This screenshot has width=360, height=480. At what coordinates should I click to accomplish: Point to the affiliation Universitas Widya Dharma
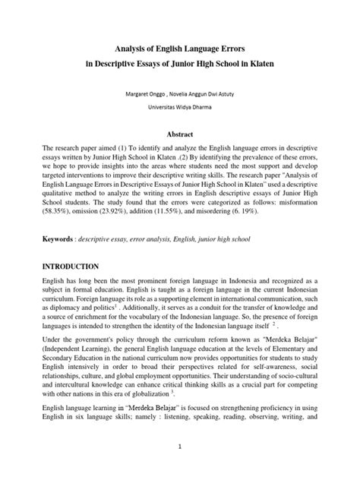[180, 108]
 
